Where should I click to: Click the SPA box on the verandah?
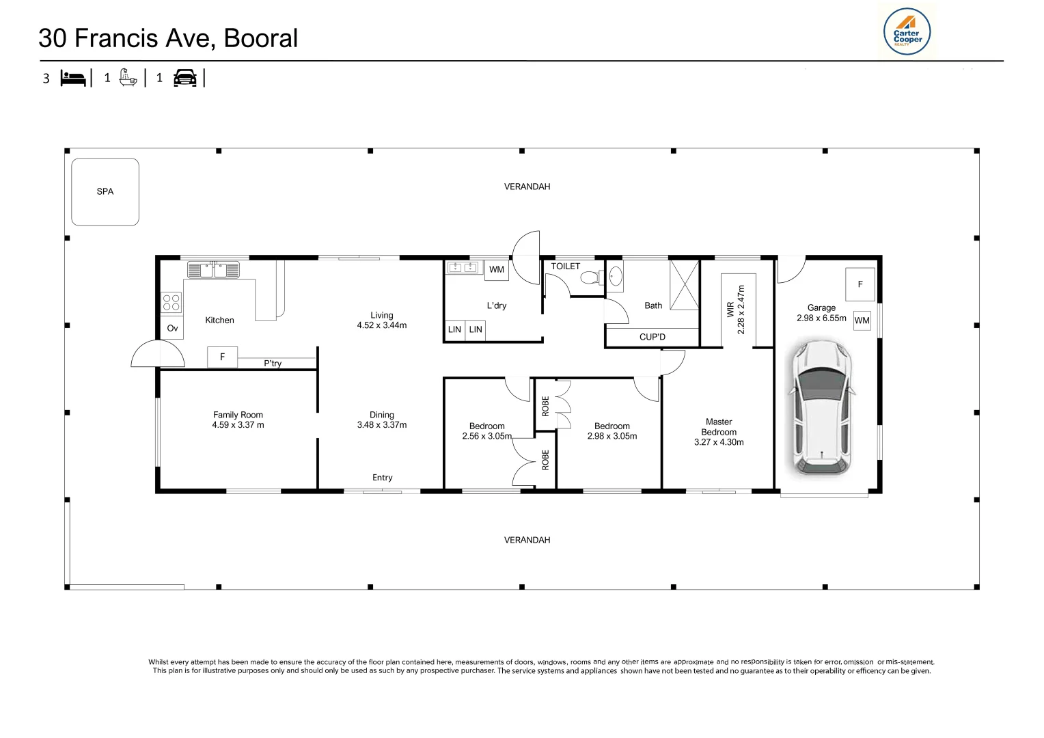[x=105, y=192]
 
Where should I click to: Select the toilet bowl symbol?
[x=589, y=277]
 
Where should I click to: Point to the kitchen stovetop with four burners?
[x=171, y=302]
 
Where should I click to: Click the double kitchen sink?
[x=213, y=270]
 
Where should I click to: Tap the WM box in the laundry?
[x=497, y=270]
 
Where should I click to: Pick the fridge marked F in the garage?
[x=860, y=284]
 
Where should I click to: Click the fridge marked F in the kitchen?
[x=222, y=357]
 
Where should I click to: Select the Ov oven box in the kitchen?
[x=172, y=329]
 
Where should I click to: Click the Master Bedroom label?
[x=719, y=427]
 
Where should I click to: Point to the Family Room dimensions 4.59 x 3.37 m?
[x=238, y=425]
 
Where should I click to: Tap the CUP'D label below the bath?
[x=652, y=337]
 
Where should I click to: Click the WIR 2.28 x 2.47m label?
[x=736, y=310]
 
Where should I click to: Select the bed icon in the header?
[x=73, y=78]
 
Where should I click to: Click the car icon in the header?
[x=185, y=78]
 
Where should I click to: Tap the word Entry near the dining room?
[x=383, y=478]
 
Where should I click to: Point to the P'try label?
[x=273, y=364]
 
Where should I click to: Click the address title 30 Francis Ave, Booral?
[x=168, y=38]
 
